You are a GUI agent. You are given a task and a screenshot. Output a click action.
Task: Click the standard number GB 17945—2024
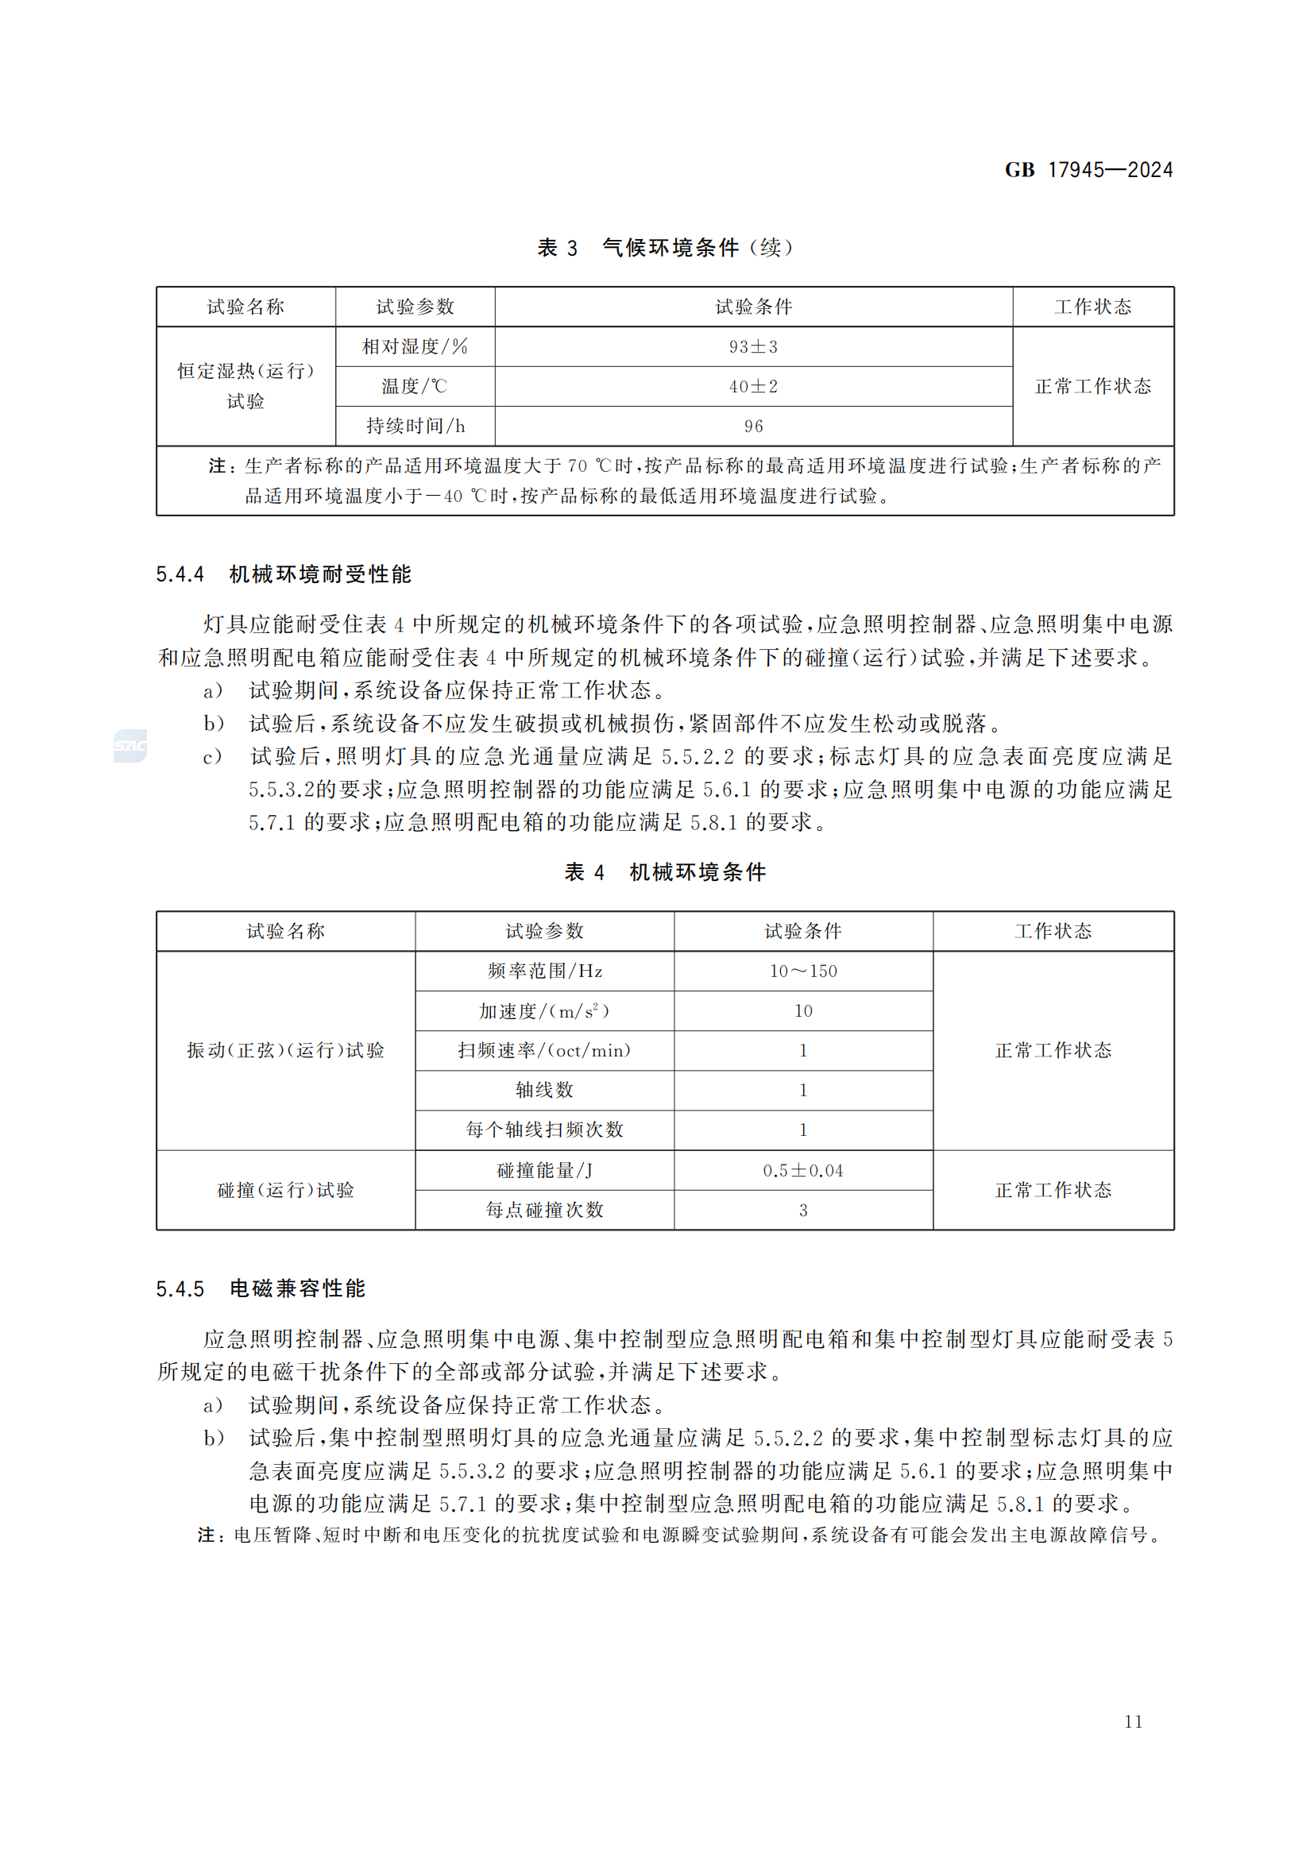1088,170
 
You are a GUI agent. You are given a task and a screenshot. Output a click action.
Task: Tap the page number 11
1133,1721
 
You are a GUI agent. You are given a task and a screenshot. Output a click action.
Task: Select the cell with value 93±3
753,347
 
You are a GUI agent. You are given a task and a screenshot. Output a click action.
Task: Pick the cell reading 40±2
753,387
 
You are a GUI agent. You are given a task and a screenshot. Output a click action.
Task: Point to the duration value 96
753,427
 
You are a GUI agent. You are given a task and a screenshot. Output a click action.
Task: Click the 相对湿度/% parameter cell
415,347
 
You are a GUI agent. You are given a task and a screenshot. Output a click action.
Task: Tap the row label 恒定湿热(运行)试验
245,386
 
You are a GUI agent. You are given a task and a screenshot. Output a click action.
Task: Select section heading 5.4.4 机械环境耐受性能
283,574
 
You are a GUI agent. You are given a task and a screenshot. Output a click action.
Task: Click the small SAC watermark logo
130,745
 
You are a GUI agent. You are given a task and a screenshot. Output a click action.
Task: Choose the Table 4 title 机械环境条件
664,872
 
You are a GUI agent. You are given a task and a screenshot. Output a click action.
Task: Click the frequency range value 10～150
802,971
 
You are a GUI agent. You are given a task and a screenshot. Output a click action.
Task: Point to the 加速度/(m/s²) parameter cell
544,1010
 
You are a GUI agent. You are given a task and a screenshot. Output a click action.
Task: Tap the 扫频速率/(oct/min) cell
544,1050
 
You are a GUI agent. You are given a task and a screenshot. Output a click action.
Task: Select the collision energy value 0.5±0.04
802,1170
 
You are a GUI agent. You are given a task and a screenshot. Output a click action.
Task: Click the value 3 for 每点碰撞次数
802,1210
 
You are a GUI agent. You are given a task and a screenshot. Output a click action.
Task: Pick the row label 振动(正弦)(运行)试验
286,1050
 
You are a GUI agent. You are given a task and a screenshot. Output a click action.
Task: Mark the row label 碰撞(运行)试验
286,1191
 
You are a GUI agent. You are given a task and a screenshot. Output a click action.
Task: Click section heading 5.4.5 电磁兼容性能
261,1288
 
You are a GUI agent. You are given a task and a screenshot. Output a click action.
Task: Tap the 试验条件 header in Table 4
802,932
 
